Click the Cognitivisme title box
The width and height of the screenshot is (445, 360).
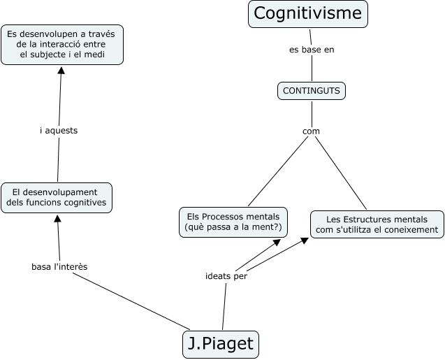[308, 14]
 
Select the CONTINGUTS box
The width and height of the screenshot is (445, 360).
[311, 90]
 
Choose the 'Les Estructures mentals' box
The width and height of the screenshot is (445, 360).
[377, 224]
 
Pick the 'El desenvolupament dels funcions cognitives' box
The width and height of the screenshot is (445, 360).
[57, 197]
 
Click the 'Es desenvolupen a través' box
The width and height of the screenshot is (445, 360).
[62, 44]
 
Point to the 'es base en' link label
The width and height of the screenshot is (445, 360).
[312, 50]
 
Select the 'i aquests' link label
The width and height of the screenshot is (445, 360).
[59, 130]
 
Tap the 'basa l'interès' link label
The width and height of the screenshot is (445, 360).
[59, 266]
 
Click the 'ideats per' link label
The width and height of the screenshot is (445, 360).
[226, 275]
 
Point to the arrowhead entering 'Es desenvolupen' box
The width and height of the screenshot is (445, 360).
[61, 70]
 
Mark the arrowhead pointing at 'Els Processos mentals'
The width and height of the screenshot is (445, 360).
[277, 242]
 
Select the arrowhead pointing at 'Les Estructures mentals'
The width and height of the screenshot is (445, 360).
[305, 240]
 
